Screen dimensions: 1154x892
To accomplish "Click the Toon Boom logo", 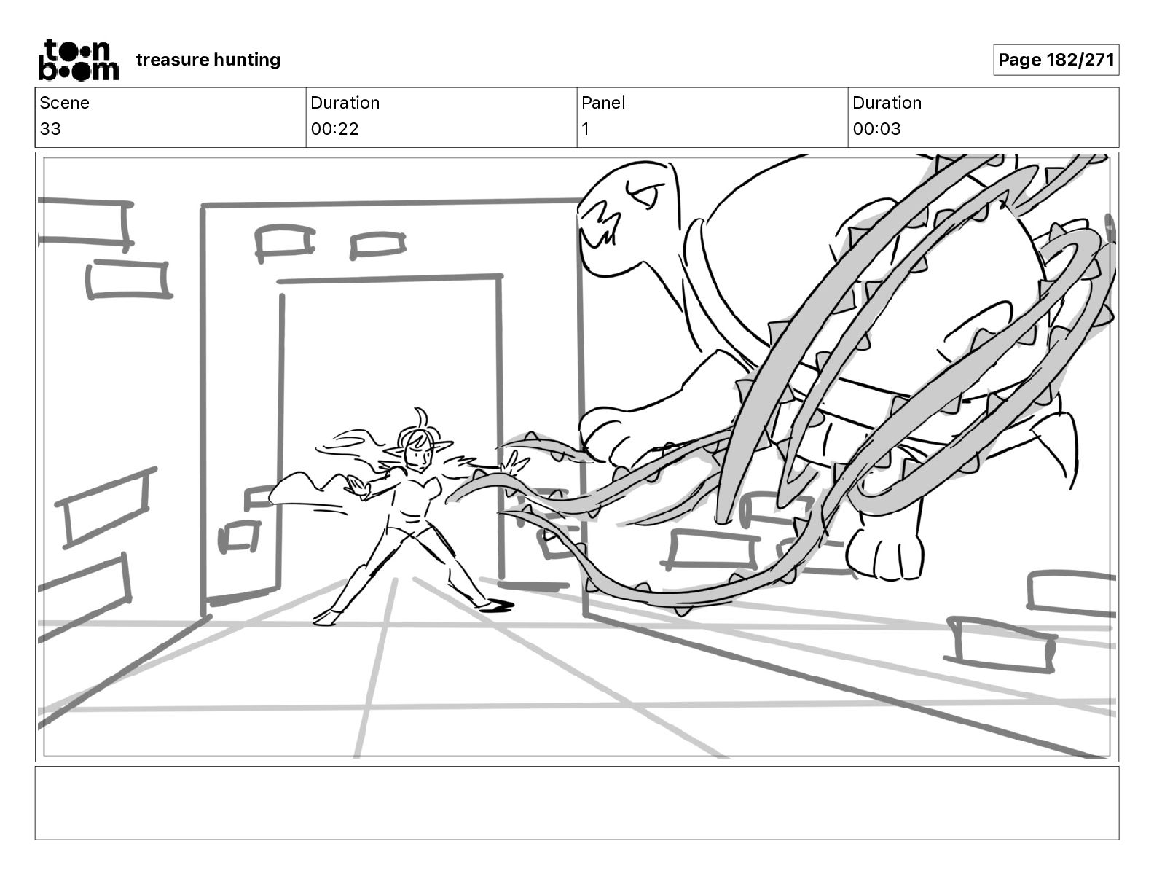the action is pyautogui.click(x=78, y=60).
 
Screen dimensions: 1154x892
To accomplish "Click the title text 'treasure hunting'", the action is pyautogui.click(x=208, y=60).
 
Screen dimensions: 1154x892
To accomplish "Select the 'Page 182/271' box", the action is pyautogui.click(x=1056, y=60).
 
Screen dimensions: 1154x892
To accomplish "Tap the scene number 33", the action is pyautogui.click(x=50, y=129).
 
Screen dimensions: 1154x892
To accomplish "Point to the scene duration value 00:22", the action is pyautogui.click(x=334, y=129).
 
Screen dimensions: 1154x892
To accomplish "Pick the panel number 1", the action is pyautogui.click(x=586, y=129).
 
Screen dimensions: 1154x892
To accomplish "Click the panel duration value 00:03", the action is pyautogui.click(x=876, y=129).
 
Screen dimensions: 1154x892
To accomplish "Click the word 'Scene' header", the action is pyautogui.click(x=64, y=103).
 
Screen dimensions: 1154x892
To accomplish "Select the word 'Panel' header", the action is pyautogui.click(x=603, y=103).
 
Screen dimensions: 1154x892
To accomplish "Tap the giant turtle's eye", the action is pyautogui.click(x=646, y=194).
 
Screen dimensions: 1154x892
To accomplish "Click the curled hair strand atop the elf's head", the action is pyautogui.click(x=420, y=417).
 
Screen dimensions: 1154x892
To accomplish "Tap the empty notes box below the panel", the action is pyautogui.click(x=576, y=802).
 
